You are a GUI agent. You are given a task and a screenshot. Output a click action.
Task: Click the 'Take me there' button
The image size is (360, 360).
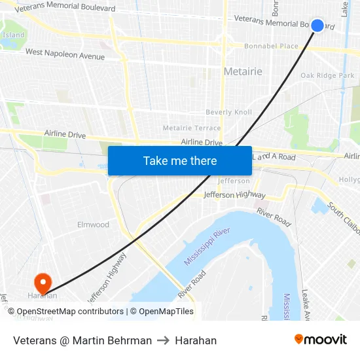(180, 161)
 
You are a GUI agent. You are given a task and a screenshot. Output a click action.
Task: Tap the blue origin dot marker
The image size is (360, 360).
(317, 26)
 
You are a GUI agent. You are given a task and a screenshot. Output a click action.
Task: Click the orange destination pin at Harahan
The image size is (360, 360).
(43, 283)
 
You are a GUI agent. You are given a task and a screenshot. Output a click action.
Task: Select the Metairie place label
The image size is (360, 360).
(243, 71)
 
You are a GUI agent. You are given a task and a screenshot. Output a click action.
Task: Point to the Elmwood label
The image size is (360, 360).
(94, 225)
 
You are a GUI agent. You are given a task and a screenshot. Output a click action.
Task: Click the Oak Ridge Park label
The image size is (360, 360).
(327, 76)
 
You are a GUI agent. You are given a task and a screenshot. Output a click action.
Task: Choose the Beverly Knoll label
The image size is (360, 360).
(228, 113)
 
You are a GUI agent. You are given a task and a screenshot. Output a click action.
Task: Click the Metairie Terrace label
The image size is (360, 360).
(192, 128)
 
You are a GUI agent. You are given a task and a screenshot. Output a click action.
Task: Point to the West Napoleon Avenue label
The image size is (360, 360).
(65, 54)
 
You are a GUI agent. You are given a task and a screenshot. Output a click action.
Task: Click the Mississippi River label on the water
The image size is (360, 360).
(207, 247)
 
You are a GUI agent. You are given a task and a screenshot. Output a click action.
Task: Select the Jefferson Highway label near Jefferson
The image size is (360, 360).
(234, 195)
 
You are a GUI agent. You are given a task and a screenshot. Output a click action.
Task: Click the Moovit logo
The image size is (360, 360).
(320, 340)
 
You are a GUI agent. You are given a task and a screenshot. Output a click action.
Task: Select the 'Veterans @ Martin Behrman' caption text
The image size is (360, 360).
(82, 340)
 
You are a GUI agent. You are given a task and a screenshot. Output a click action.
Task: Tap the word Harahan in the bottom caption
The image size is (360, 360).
(196, 340)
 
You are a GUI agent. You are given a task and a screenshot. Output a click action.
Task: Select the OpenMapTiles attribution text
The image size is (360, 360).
(166, 312)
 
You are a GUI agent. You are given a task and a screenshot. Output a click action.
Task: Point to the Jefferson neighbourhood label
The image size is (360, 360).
(234, 181)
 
